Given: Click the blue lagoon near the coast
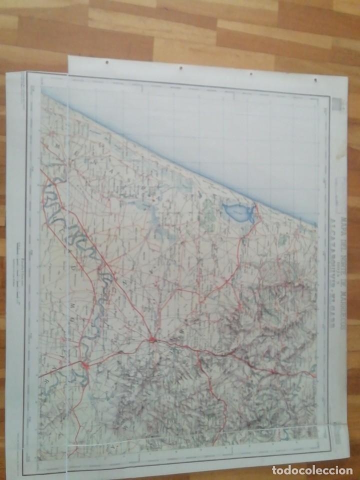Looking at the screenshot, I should coord(237,213).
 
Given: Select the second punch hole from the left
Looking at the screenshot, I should coord(180,67).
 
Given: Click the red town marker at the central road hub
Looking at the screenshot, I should coord(153,340).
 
